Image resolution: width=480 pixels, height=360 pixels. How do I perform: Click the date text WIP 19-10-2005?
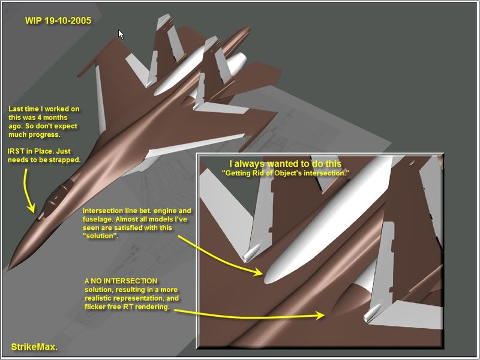pos(58,20)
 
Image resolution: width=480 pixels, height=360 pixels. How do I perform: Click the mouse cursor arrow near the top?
pos(121,34)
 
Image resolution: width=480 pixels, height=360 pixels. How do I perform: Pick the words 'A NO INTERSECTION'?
pos(121,281)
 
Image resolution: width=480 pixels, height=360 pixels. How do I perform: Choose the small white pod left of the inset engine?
pos(251,253)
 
